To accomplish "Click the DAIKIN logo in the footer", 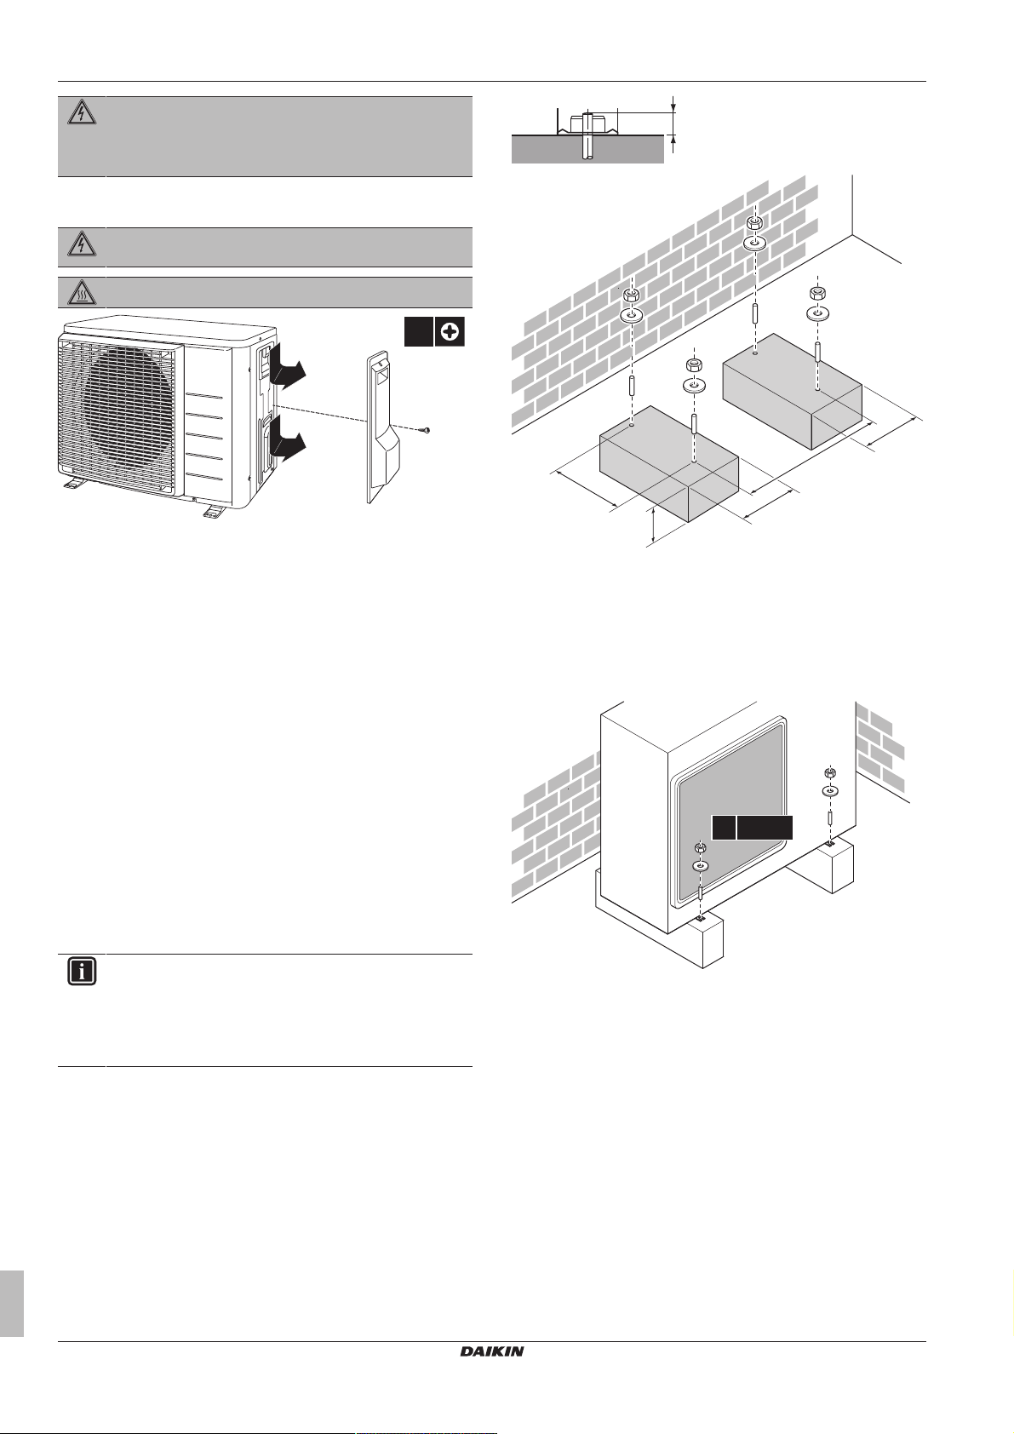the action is coord(492,1351).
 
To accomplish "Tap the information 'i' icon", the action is coord(82,972).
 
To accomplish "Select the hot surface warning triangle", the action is coord(82,293).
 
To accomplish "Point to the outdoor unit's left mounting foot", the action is coord(71,485).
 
